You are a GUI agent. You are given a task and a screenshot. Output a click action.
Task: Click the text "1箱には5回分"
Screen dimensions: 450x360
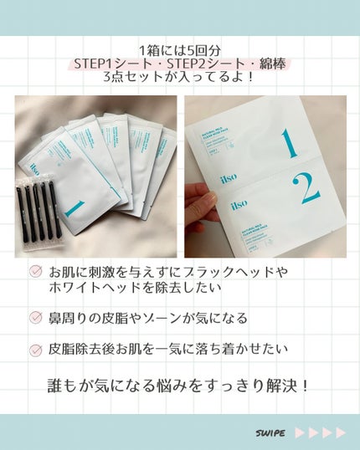(180, 51)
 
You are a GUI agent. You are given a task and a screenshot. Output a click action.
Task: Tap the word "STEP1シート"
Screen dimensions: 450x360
(109, 64)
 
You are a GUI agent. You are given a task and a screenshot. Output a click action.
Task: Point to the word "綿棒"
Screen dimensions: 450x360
(256, 64)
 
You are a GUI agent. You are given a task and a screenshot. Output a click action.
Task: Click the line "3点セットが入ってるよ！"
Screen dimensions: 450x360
(179, 78)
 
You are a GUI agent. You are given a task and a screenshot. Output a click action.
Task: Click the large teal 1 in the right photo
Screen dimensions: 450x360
(289, 143)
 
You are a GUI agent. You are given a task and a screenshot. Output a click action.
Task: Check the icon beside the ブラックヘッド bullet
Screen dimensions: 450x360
(35, 271)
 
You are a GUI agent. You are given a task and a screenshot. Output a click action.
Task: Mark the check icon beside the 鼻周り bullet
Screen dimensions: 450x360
(35, 318)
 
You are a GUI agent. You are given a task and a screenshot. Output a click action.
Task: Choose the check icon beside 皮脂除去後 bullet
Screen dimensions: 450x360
(35, 350)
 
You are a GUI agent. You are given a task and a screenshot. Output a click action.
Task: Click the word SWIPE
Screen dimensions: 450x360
(270, 432)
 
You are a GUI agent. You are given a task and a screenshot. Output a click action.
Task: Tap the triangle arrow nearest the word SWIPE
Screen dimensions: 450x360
(300, 432)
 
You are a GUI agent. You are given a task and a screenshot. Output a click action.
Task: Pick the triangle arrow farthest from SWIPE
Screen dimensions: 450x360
(341, 432)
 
